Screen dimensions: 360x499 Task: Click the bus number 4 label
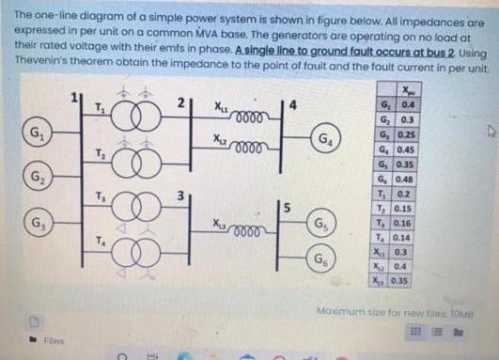pos(295,103)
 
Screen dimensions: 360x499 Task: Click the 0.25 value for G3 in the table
pos(409,132)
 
